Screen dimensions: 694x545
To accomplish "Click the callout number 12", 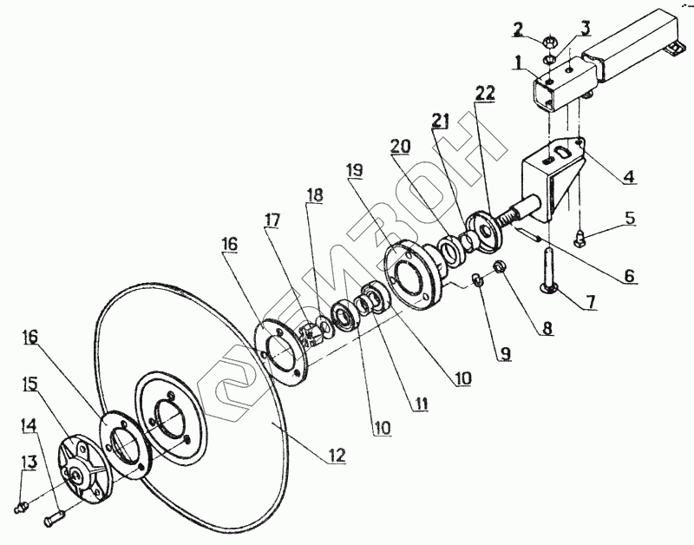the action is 337,456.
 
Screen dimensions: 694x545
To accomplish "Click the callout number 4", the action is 628,177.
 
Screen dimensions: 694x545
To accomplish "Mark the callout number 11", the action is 422,404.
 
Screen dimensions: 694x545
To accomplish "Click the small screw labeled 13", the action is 24,502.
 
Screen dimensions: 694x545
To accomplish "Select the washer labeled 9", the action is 477,280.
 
